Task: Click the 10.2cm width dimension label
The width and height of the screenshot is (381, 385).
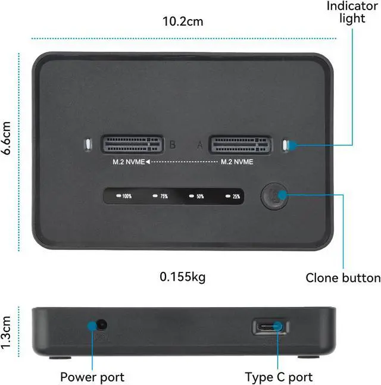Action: pyautogui.click(x=183, y=22)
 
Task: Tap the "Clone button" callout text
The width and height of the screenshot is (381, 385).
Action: pyautogui.click(x=343, y=278)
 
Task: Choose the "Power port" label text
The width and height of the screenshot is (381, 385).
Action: pyautogui.click(x=92, y=377)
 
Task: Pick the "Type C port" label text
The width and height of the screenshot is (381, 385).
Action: pyautogui.click(x=279, y=377)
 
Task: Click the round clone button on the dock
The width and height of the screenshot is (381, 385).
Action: pyautogui.click(x=274, y=196)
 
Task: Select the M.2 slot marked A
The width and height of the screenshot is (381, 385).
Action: pyautogui.click(x=238, y=145)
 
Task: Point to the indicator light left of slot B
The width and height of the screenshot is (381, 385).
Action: pyautogui.click(x=88, y=145)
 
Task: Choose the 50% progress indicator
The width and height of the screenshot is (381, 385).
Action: pyautogui.click(x=196, y=196)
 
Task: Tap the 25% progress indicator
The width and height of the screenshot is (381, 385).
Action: pyautogui.click(x=233, y=196)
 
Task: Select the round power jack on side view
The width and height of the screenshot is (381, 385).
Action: pyautogui.click(x=101, y=325)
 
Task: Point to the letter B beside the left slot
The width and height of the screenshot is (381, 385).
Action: pyautogui.click(x=172, y=145)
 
